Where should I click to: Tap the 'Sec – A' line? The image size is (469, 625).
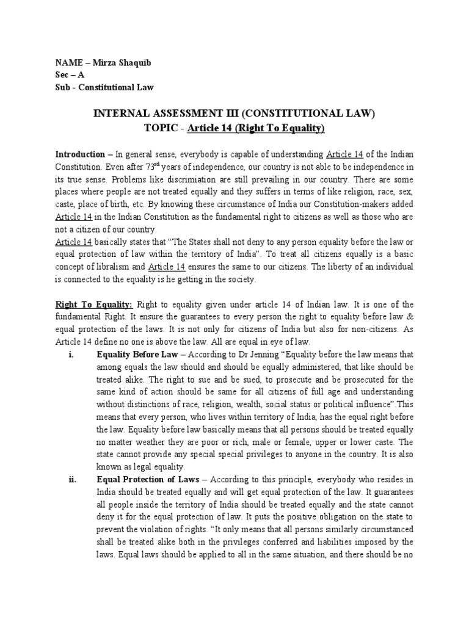click(x=71, y=74)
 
